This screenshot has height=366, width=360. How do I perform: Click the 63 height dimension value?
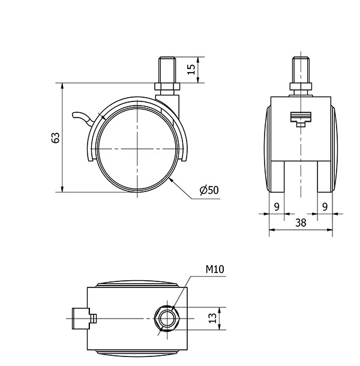coord(56,138)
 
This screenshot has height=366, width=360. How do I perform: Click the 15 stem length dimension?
coord(191,69)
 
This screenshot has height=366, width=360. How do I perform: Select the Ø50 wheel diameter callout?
coord(209,190)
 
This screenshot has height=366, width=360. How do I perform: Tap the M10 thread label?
coord(215,269)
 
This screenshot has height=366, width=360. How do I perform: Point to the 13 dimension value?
coord(212,318)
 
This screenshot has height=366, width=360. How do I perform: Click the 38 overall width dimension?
coord(301,223)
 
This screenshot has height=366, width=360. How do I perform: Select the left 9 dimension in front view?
coord(277,207)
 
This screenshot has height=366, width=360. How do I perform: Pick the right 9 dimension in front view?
coord(325,207)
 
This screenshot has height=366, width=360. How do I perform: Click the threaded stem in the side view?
coord(167,70)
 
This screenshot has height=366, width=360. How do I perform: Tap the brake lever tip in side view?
coord(75,115)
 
